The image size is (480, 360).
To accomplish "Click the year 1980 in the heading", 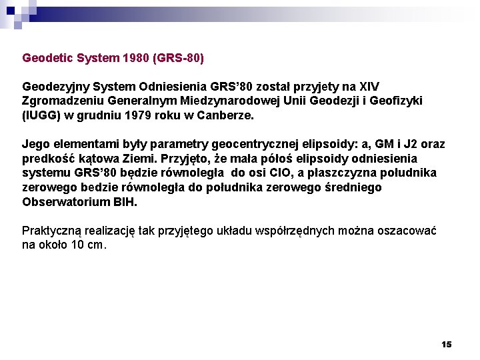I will coord(137,59).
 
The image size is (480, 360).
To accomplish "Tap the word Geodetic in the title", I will coord(48,59).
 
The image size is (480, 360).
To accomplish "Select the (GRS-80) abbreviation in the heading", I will coord(178,59).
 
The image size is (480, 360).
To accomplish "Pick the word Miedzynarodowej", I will coord(221,101).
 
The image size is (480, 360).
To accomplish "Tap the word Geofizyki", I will coord(397,101).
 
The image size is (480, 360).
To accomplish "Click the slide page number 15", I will coord(446,345).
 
